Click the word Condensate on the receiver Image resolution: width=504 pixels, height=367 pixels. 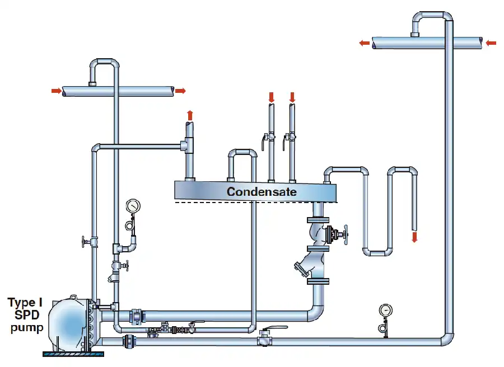[x=262, y=192]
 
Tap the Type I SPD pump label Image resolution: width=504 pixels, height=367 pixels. [x=25, y=315]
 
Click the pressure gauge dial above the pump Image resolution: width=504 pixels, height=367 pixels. [x=133, y=206]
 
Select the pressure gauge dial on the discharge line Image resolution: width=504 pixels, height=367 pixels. [x=385, y=310]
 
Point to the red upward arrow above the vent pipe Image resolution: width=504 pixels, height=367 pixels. [x=190, y=115]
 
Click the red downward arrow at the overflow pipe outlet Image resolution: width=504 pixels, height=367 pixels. [x=414, y=237]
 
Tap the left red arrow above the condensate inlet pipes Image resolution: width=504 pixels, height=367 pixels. [x=271, y=97]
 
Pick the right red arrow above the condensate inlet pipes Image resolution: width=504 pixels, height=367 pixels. [x=292, y=97]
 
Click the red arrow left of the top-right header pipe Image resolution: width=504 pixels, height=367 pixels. [x=365, y=43]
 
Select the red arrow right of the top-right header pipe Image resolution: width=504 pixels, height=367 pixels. [x=491, y=43]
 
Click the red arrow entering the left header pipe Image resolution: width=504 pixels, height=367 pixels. [x=56, y=91]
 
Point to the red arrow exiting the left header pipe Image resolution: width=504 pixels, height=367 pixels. [x=180, y=91]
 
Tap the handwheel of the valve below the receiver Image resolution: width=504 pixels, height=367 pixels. [x=346, y=235]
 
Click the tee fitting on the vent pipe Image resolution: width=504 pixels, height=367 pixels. [x=188, y=145]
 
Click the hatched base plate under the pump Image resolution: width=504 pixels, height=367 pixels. [x=73, y=354]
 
